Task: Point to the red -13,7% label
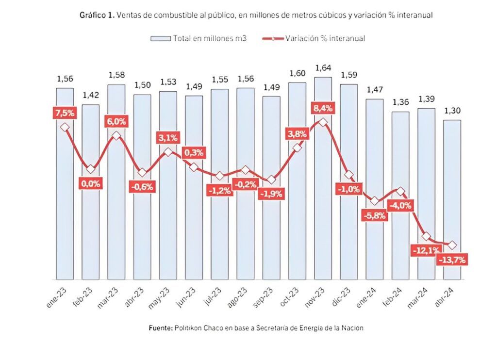452,260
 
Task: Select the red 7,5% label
65,113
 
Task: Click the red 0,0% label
91,184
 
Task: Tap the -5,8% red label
374,216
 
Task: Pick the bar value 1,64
323,67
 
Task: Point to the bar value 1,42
90,95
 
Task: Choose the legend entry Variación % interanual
320,38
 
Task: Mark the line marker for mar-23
116,136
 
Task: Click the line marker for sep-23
271,180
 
